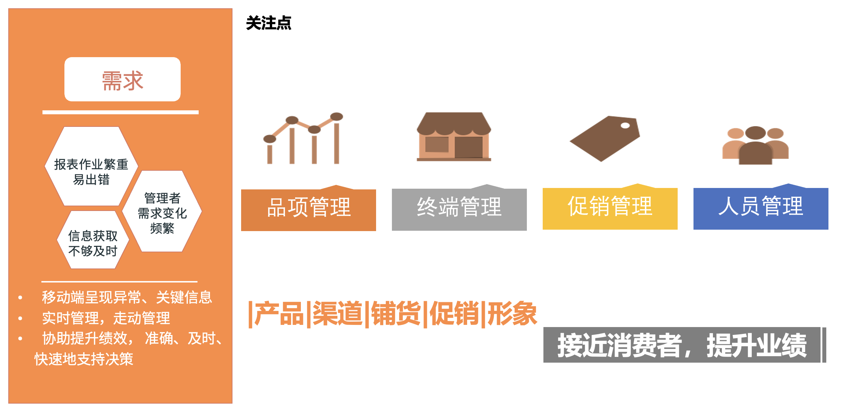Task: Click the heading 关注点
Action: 268,23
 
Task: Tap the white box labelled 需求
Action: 122,79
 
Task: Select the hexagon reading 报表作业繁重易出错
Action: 91,166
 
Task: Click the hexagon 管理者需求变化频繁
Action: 162,211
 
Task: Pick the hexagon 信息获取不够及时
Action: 93,240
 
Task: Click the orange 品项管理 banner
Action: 308,208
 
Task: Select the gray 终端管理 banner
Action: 459,208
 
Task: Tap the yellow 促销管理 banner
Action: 610,207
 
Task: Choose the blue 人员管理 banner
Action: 761,207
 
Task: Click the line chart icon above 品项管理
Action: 303,138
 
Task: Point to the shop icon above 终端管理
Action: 454,137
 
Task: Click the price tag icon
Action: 605,138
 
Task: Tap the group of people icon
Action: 755,145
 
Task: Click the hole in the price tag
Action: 625,125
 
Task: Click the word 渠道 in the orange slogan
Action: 337,314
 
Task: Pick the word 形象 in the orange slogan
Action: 512,314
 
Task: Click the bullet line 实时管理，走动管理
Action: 106,318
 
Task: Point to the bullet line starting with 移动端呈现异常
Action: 127,297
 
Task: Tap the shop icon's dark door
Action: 469,147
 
